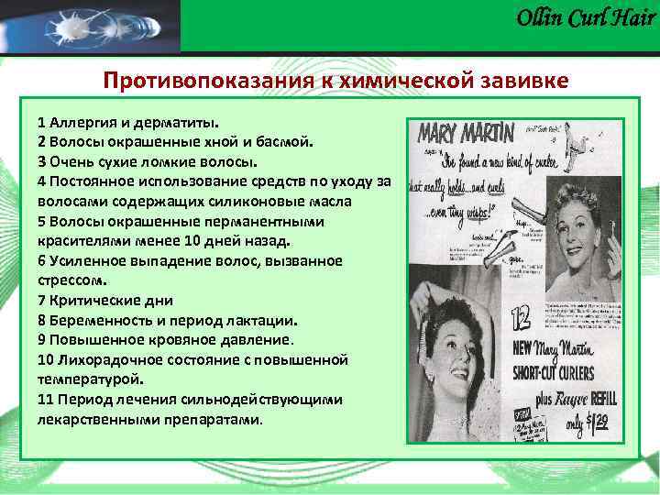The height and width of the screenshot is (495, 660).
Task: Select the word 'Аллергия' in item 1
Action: coord(81,122)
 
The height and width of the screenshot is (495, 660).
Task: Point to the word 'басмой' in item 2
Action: coord(285,142)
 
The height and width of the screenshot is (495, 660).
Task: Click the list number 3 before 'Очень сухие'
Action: coord(42,161)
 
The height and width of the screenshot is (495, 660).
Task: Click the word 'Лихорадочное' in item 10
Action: coord(105,359)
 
